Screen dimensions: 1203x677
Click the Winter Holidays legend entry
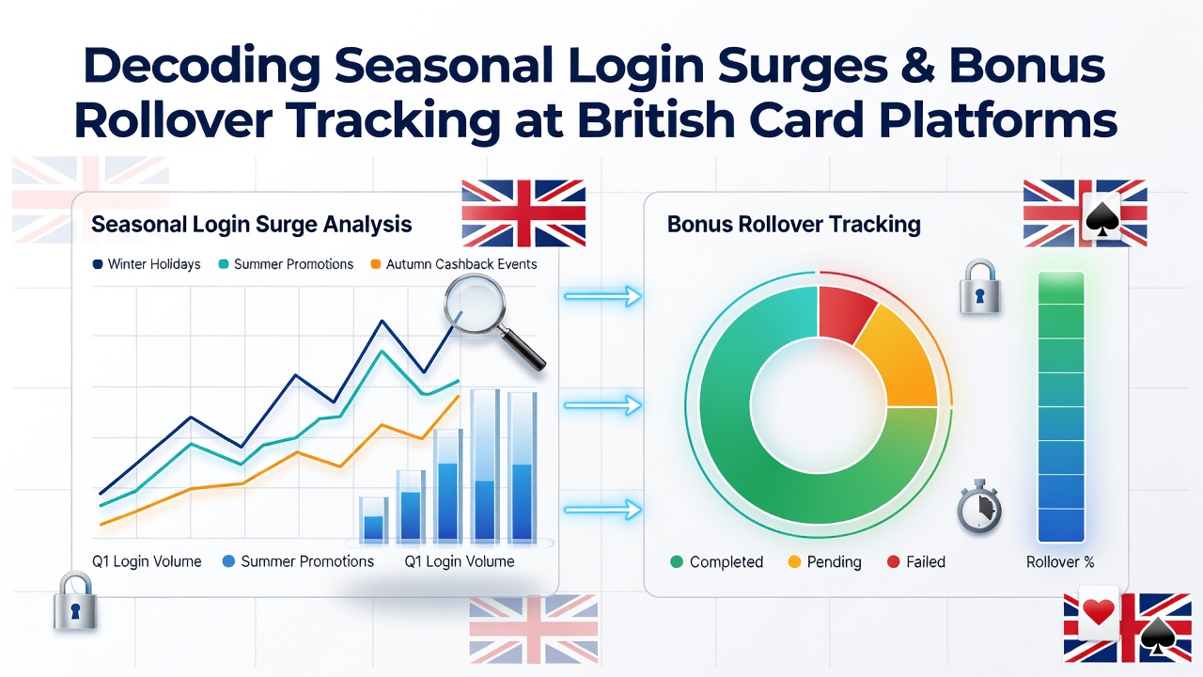pyautogui.click(x=147, y=264)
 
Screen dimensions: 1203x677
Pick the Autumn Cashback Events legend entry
pyautogui.click(x=454, y=264)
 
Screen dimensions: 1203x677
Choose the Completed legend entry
pyautogui.click(x=717, y=562)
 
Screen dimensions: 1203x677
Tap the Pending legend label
pyautogui.click(x=834, y=562)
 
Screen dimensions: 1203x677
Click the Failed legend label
pyautogui.click(x=926, y=562)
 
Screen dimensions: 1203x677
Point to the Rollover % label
pyautogui.click(x=1059, y=562)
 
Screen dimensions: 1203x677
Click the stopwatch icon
pyautogui.click(x=979, y=507)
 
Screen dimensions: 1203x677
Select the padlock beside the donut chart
pyautogui.click(x=979, y=287)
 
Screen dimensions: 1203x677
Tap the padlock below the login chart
pyautogui.click(x=75, y=601)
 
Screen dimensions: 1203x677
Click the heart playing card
pyautogui.click(x=1099, y=613)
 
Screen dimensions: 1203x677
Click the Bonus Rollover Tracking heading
pyautogui.click(x=794, y=224)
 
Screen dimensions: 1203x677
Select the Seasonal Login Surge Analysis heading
pyautogui.click(x=251, y=224)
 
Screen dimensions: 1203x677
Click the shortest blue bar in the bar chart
pyautogui.click(x=374, y=519)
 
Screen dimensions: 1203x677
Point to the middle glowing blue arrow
pyautogui.click(x=602, y=405)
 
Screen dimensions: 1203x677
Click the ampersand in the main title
pyautogui.click(x=914, y=66)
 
